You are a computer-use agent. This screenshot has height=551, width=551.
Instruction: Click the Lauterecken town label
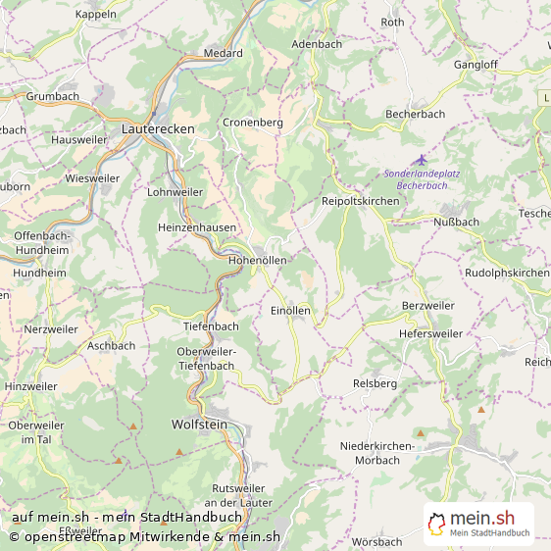pyautogui.click(x=158, y=128)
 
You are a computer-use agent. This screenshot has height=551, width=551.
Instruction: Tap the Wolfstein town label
pyautogui.click(x=199, y=425)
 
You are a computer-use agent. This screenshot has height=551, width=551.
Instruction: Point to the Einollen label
pyautogui.click(x=290, y=310)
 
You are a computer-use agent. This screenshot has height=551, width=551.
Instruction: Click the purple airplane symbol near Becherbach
pyautogui.click(x=422, y=160)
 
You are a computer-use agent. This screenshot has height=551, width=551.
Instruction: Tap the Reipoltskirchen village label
pyautogui.click(x=360, y=200)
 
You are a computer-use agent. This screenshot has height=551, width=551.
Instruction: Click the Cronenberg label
pyautogui.click(x=253, y=123)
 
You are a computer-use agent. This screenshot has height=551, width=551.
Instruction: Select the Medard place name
pyautogui.click(x=223, y=53)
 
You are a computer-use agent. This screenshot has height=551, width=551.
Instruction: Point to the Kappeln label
pyautogui.click(x=95, y=14)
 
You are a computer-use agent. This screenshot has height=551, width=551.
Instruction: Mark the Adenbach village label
pyautogui.click(x=317, y=44)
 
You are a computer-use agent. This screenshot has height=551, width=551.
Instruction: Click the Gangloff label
pyautogui.click(x=476, y=65)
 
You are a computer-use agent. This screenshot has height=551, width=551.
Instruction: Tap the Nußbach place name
pyautogui.click(x=456, y=222)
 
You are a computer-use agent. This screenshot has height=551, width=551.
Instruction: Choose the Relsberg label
pyautogui.click(x=375, y=382)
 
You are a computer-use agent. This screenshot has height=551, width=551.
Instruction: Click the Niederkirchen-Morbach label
pyautogui.click(x=376, y=453)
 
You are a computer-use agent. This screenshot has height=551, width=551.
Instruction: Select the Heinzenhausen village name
pyautogui.click(x=196, y=226)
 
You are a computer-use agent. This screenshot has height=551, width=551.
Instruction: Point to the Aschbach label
pyautogui.click(x=111, y=345)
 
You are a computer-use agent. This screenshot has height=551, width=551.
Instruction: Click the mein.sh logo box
pyautogui.click(x=478, y=524)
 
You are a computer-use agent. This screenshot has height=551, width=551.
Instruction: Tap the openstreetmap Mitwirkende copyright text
pyautogui.click(x=145, y=536)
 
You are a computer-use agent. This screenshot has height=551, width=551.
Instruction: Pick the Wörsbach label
pyautogui.click(x=376, y=541)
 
